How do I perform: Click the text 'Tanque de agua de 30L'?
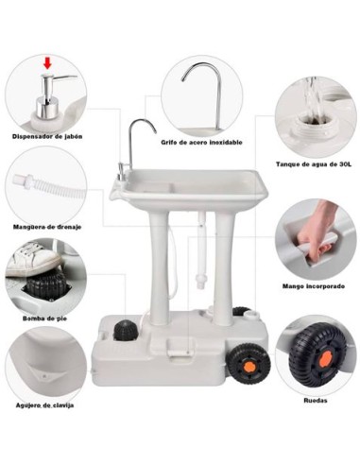click(x=313, y=164)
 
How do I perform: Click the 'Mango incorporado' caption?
click(x=313, y=285)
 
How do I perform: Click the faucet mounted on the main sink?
click(x=137, y=142)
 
